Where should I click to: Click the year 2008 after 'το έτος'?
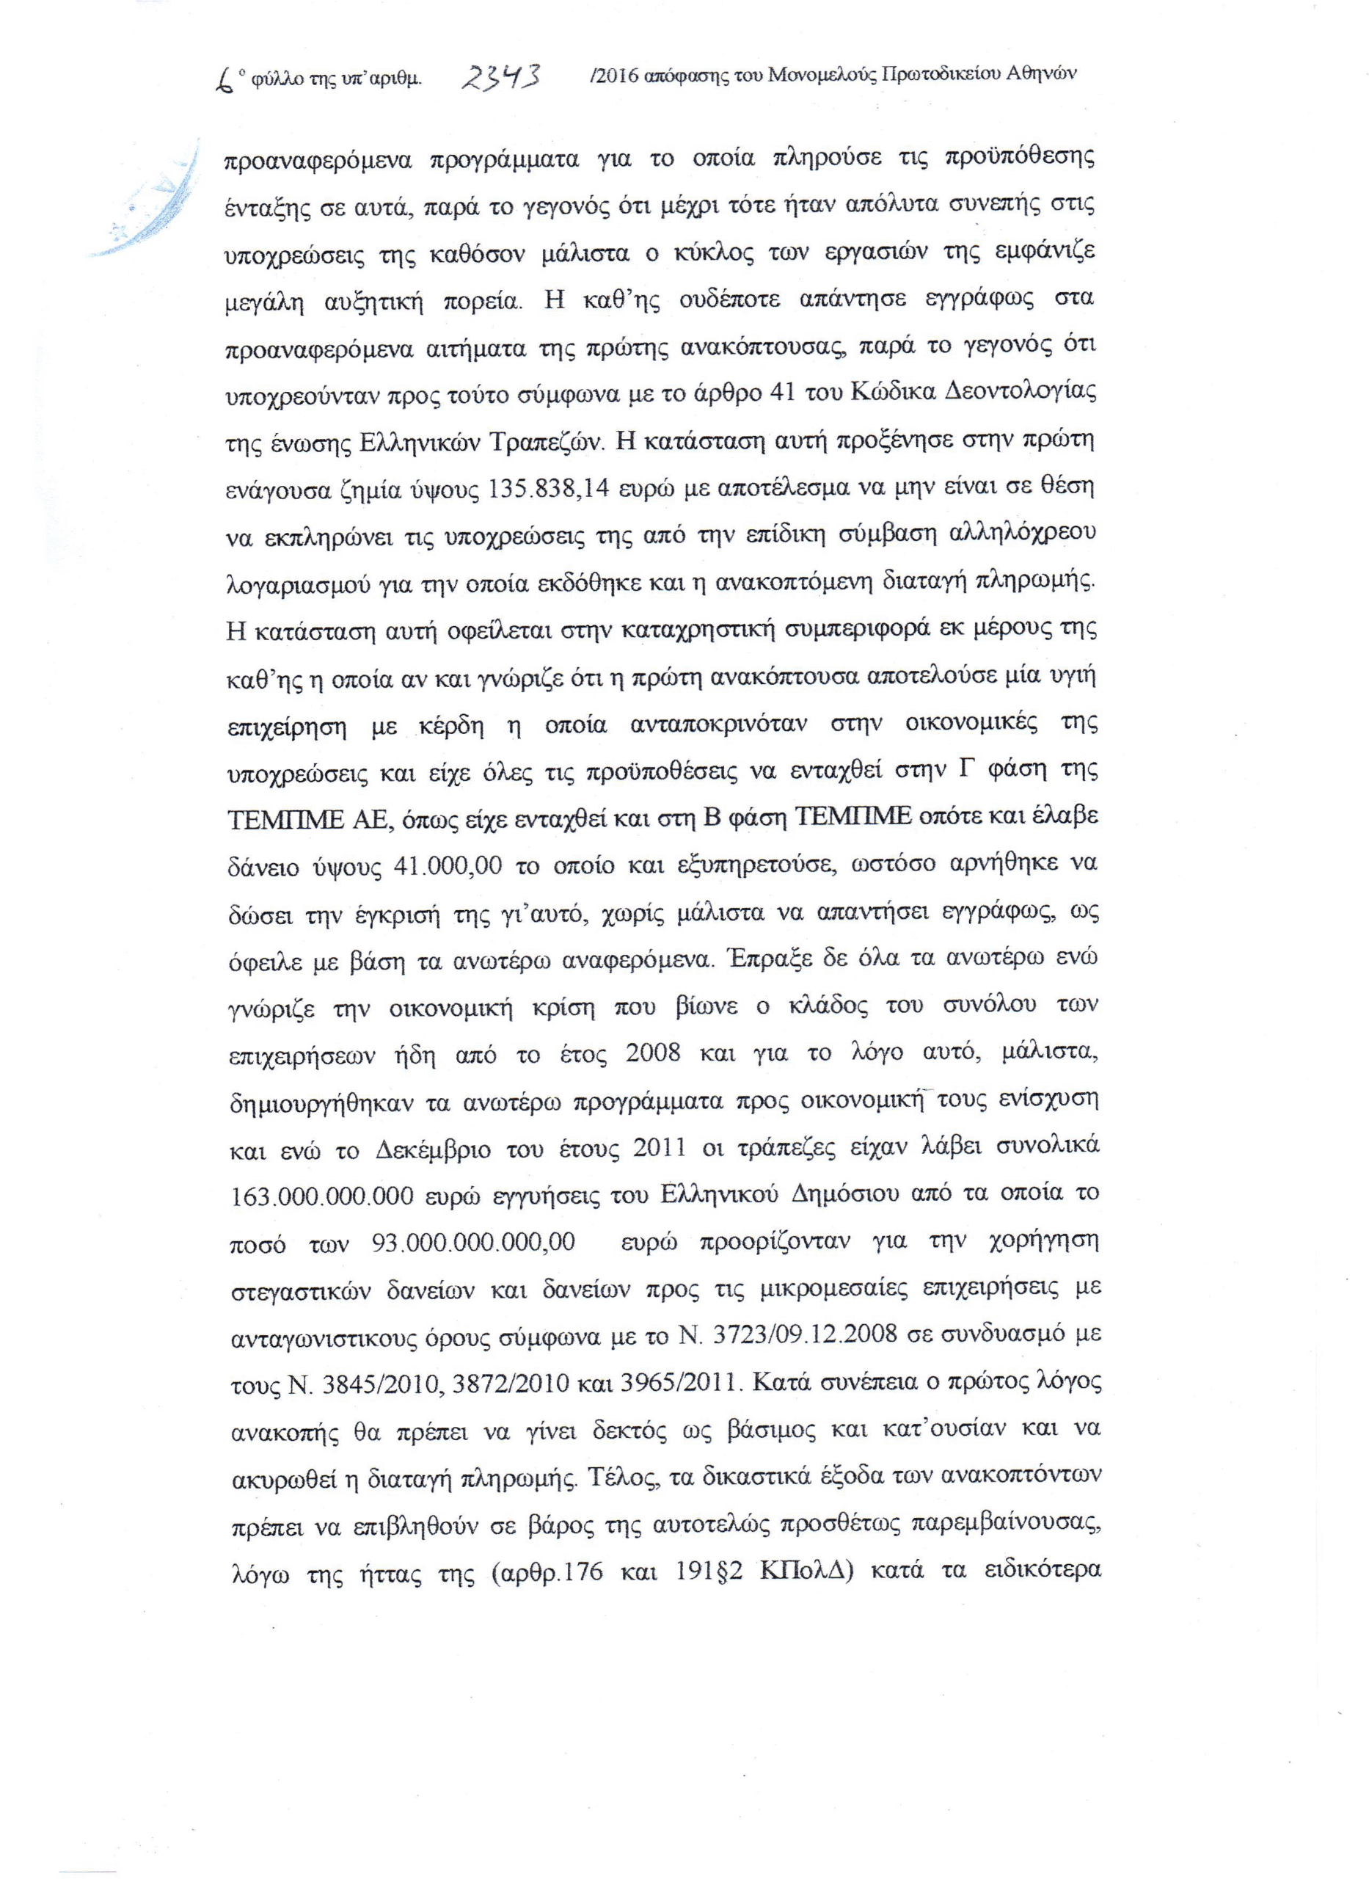pos(653,1053)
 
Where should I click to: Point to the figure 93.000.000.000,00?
pos(473,1243)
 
